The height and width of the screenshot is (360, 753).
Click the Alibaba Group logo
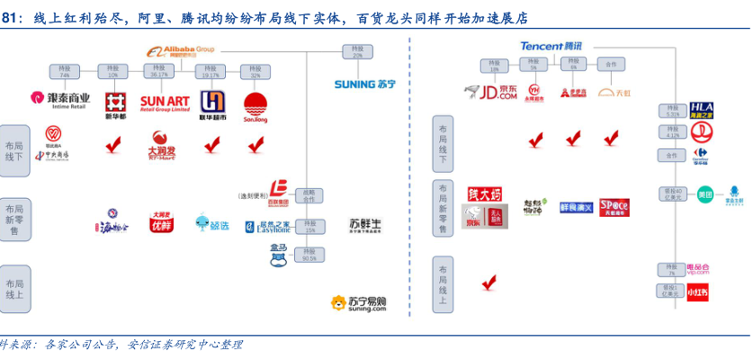tap(178, 52)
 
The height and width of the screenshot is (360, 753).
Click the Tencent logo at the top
tap(551, 46)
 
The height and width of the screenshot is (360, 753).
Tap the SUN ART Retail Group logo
tap(166, 101)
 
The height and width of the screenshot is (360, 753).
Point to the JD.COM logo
tap(491, 92)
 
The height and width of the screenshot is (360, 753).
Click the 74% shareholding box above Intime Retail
tap(62, 71)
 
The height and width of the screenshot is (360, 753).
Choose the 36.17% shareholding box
tap(159, 71)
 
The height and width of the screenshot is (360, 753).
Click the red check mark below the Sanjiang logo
tap(256, 143)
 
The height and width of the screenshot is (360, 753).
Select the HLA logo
tap(701, 111)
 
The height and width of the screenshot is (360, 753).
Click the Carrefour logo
tap(700, 156)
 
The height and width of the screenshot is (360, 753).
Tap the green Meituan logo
tap(704, 195)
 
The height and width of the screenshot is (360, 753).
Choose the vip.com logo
tap(698, 268)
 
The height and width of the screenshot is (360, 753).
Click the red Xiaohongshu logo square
tap(698, 292)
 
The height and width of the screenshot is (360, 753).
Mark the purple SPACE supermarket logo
tap(614, 207)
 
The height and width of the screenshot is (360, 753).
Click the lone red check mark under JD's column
tap(489, 283)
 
